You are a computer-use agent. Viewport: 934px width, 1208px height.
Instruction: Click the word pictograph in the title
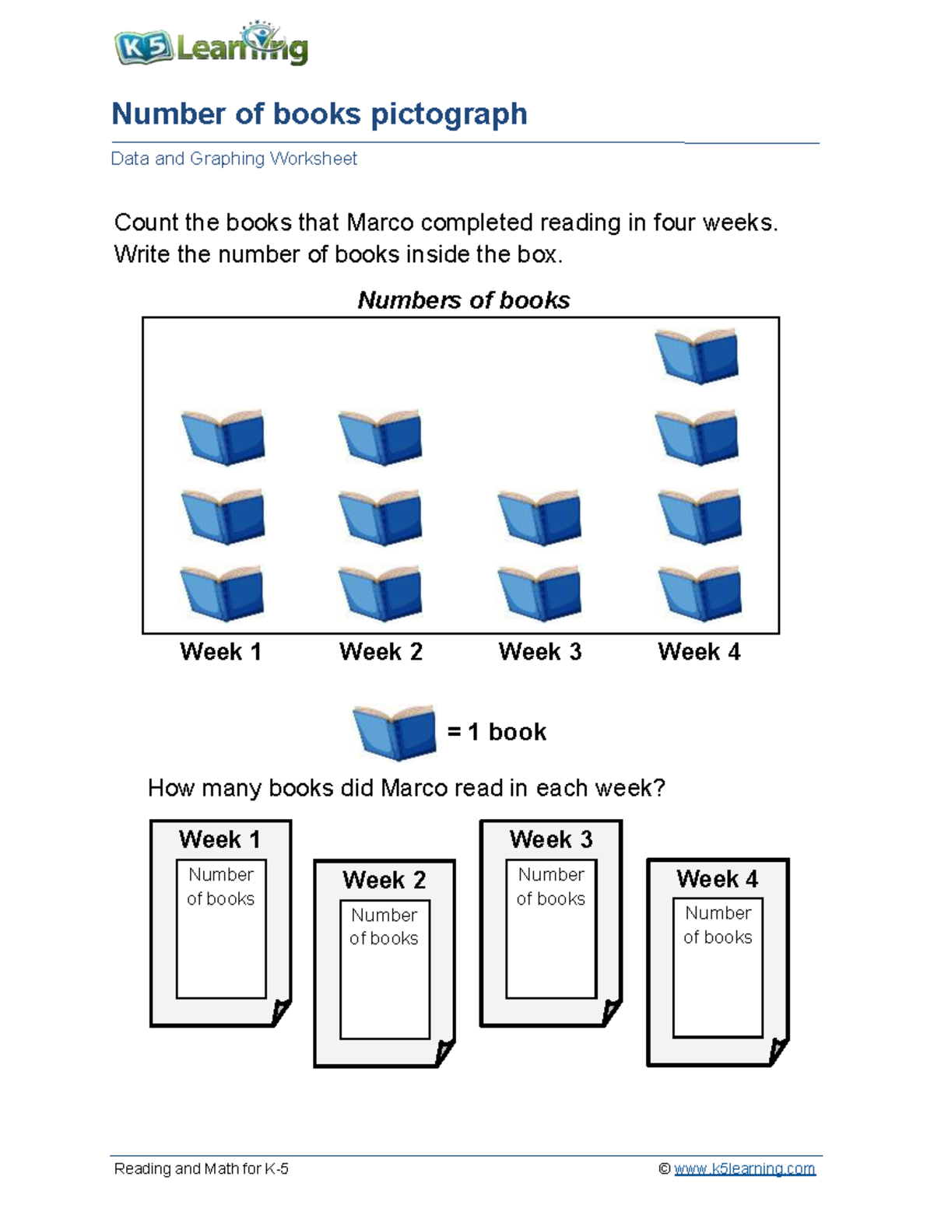(x=448, y=114)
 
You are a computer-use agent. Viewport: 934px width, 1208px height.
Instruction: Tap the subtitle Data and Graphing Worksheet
(x=233, y=159)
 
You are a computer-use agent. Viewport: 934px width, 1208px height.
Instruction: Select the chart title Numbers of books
(x=463, y=300)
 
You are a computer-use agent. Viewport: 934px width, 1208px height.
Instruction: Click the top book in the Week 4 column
(x=697, y=356)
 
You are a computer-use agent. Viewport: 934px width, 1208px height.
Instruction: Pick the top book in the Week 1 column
(x=223, y=437)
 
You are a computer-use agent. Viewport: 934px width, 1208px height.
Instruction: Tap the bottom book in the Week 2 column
(x=381, y=593)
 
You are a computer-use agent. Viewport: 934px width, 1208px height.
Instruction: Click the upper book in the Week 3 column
(x=539, y=516)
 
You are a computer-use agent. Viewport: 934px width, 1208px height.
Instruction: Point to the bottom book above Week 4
(x=700, y=593)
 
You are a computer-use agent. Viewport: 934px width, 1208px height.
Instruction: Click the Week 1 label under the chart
(x=220, y=652)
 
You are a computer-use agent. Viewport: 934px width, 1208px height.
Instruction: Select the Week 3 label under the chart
(x=540, y=652)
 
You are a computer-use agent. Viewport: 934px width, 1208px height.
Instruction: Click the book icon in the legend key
(x=395, y=732)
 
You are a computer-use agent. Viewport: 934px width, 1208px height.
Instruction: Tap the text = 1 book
(x=497, y=732)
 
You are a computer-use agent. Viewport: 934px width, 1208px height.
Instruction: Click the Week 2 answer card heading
(x=384, y=880)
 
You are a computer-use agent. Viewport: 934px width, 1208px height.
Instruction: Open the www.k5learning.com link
(x=744, y=1168)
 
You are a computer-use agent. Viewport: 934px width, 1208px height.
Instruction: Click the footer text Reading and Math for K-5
(x=201, y=1168)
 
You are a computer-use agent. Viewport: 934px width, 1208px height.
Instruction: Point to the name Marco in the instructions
(x=381, y=223)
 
